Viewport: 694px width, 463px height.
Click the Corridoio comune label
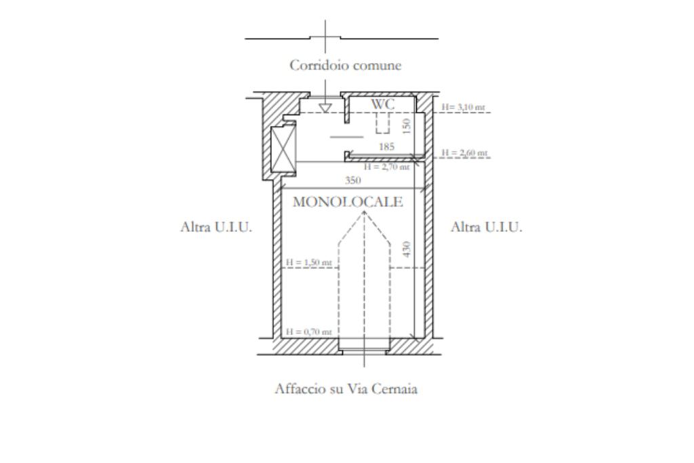pyautogui.click(x=345, y=65)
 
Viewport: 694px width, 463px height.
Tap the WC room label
pyautogui.click(x=383, y=104)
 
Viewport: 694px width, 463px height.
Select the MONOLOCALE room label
pyautogui.click(x=348, y=202)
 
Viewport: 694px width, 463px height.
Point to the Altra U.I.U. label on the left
pyautogui.click(x=216, y=227)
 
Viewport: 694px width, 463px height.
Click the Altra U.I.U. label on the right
pyautogui.click(x=487, y=227)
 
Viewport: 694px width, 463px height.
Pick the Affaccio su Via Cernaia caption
pyautogui.click(x=346, y=388)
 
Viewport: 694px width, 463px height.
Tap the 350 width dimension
pyautogui.click(x=352, y=180)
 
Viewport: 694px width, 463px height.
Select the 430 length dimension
pyautogui.click(x=407, y=249)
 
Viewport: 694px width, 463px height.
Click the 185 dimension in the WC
pyautogui.click(x=386, y=146)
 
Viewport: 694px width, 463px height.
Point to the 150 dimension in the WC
pyautogui.click(x=407, y=125)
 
